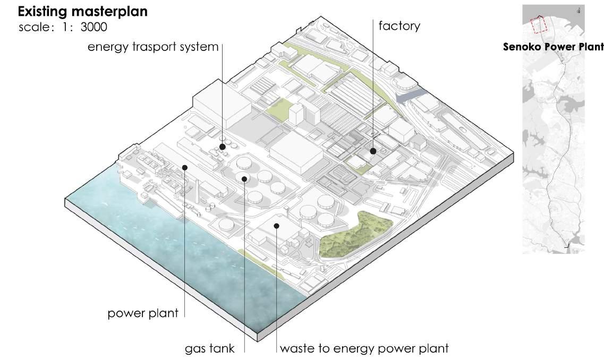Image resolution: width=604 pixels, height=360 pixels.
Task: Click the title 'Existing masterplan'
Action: (x=83, y=11)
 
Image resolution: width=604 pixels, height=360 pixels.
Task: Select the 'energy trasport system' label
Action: (x=153, y=47)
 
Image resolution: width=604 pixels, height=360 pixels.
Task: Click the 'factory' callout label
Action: (x=399, y=25)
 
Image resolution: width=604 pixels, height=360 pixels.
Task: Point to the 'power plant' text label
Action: (x=143, y=313)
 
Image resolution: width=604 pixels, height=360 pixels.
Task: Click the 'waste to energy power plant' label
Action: (x=364, y=349)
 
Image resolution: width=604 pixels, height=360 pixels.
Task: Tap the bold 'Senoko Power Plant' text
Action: (x=553, y=47)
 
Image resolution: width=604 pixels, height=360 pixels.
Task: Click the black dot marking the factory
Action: (x=374, y=151)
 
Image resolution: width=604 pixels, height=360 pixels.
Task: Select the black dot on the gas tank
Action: (x=244, y=178)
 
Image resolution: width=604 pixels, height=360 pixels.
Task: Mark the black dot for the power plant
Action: (x=185, y=167)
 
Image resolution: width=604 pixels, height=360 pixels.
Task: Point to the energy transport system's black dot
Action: (x=223, y=147)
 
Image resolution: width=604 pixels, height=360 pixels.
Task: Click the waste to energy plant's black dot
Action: (x=277, y=226)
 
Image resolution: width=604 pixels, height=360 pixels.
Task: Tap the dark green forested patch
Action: (x=356, y=236)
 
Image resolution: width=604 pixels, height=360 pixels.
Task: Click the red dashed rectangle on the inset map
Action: (x=539, y=24)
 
